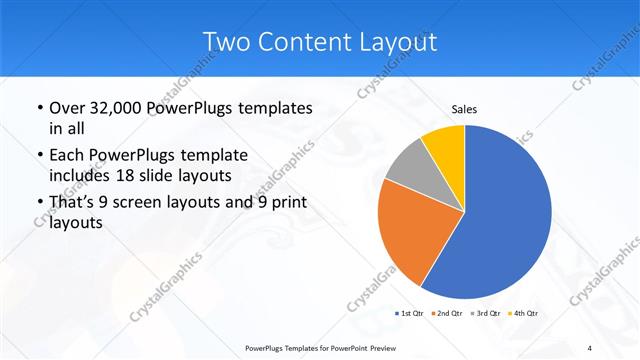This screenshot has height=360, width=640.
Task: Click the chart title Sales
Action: click(x=464, y=108)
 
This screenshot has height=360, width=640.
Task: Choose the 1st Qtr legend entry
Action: click(x=410, y=313)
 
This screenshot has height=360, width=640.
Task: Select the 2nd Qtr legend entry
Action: click(x=447, y=313)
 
